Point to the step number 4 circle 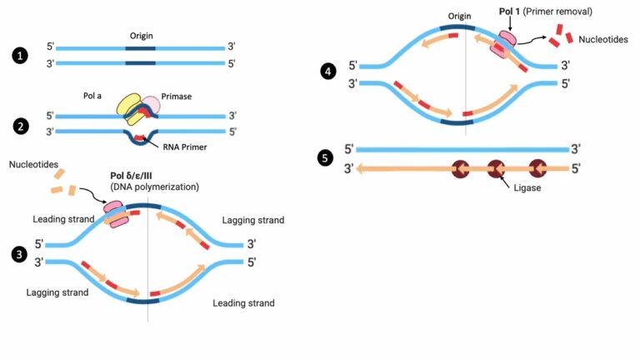(328, 72)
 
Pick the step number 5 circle (328, 160)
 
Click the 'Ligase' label (528, 189)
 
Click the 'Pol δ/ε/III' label (138, 176)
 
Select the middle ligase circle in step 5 (497, 169)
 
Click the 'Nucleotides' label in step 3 (34, 164)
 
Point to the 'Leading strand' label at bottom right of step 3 (243, 303)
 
